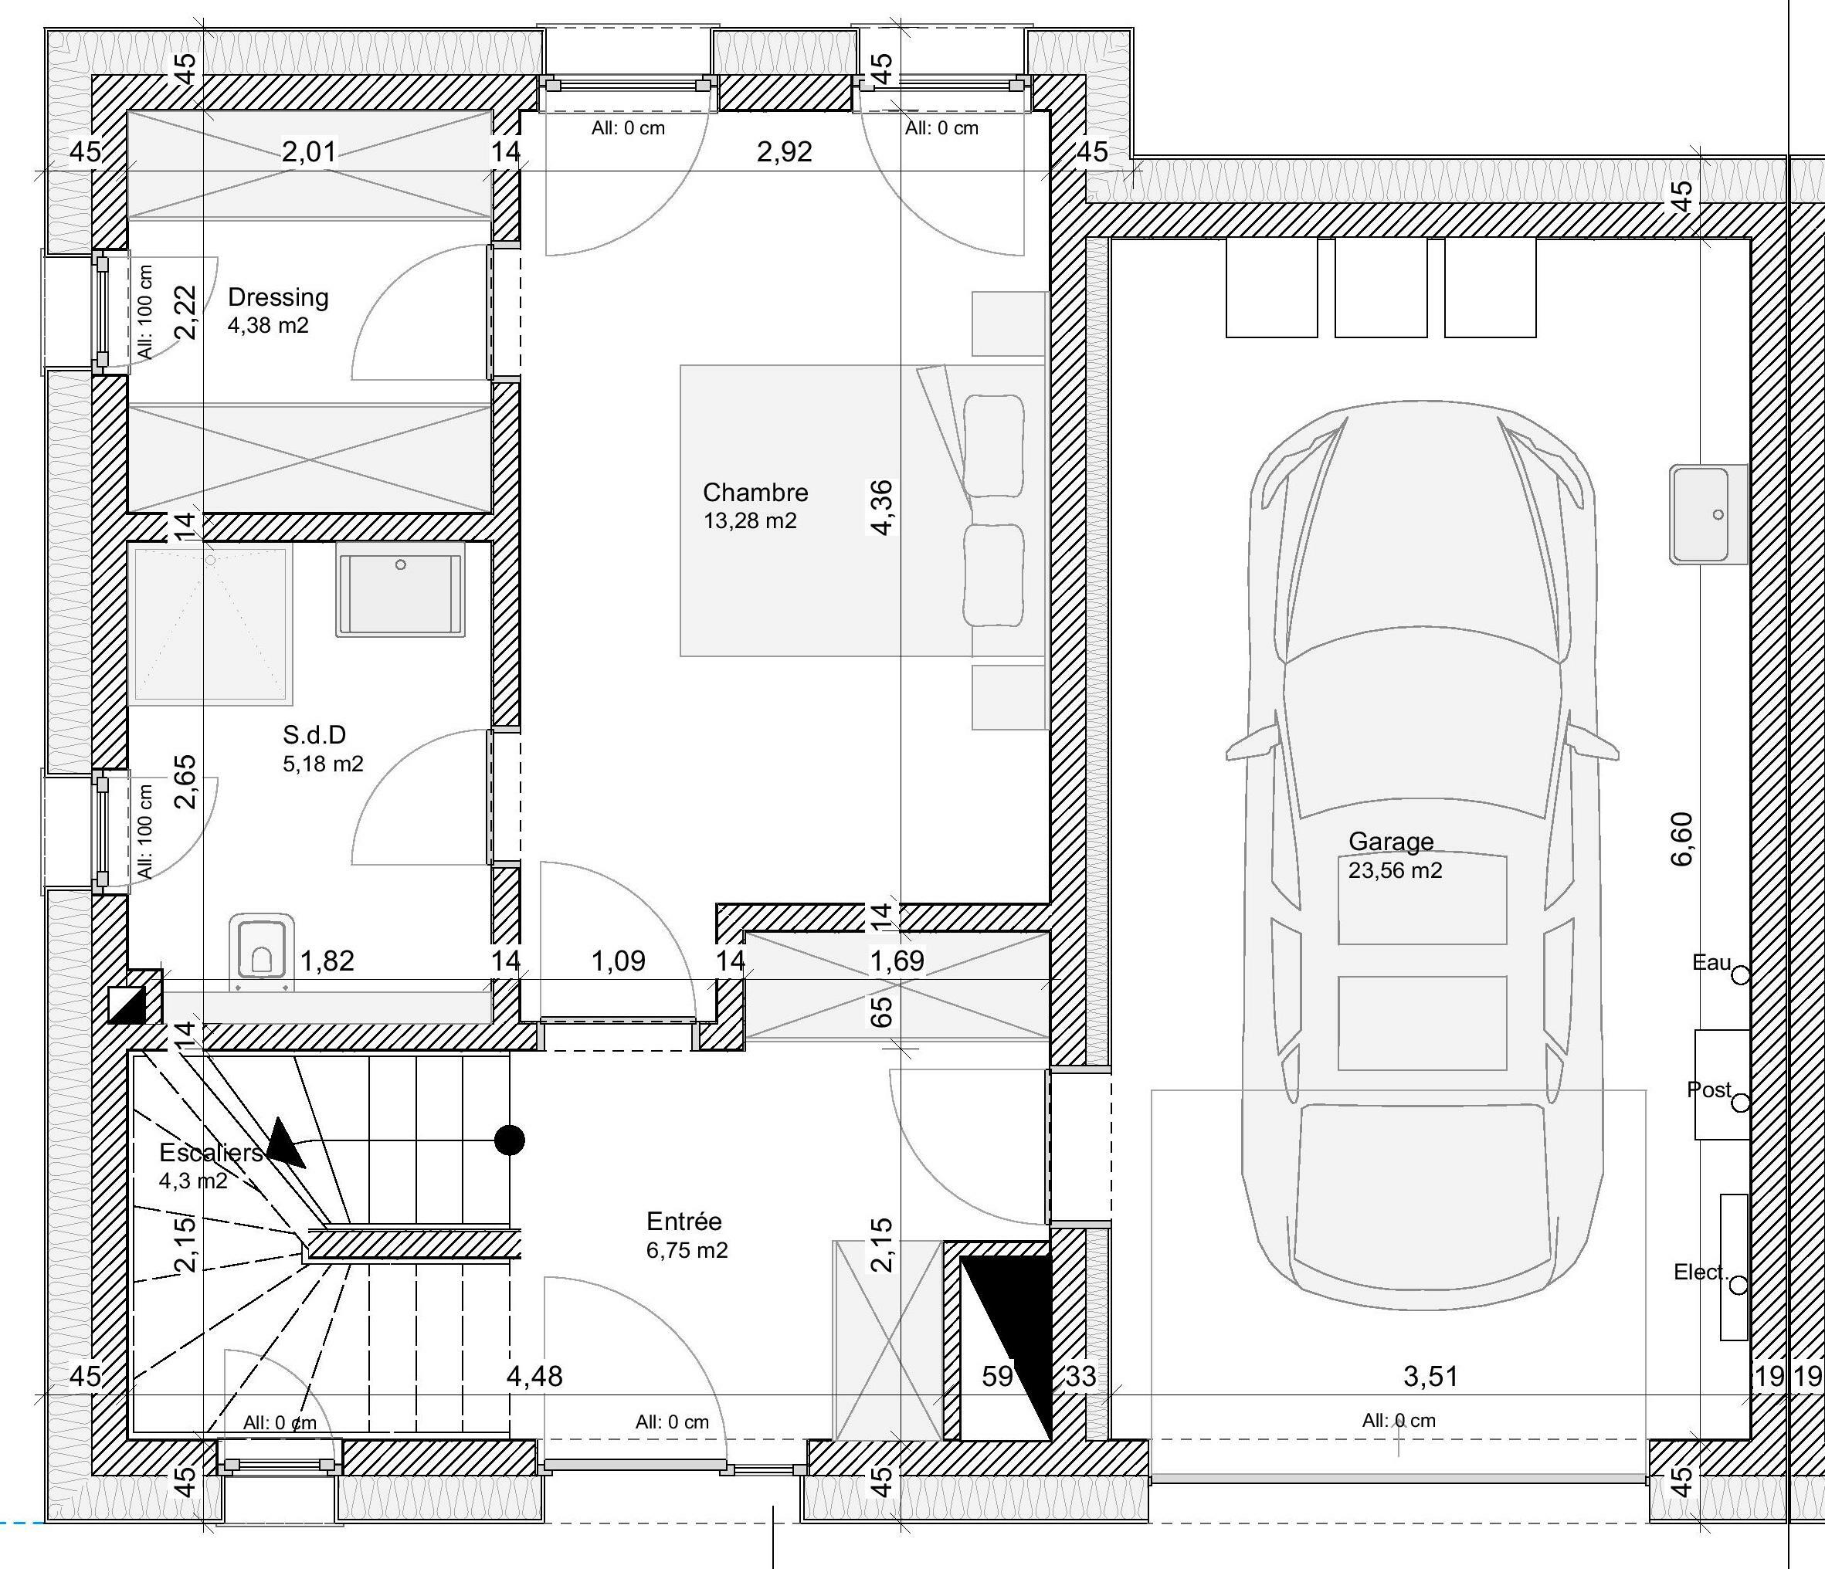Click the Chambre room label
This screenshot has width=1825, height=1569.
[755, 492]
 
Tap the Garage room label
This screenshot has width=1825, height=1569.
[1391, 842]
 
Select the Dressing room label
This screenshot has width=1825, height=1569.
[278, 297]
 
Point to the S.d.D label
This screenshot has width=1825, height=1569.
[314, 734]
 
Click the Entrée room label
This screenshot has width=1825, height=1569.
[684, 1222]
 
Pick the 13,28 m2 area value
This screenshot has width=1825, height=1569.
[750, 521]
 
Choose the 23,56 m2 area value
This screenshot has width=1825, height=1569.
[1395, 871]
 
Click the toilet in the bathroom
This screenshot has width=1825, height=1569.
[262, 951]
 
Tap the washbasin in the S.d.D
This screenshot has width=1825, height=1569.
[401, 590]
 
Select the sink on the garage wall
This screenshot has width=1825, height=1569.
[1708, 514]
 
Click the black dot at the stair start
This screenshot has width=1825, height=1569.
[510, 1140]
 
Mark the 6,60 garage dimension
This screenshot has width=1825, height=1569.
[1681, 839]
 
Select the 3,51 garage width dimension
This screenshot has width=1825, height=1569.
[1430, 1376]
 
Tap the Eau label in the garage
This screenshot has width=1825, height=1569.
[1711, 962]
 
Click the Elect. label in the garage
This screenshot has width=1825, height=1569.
[1701, 1272]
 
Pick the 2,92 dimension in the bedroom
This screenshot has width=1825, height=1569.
[785, 151]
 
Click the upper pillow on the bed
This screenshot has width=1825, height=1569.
[995, 446]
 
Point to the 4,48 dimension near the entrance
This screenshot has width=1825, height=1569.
[534, 1376]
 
